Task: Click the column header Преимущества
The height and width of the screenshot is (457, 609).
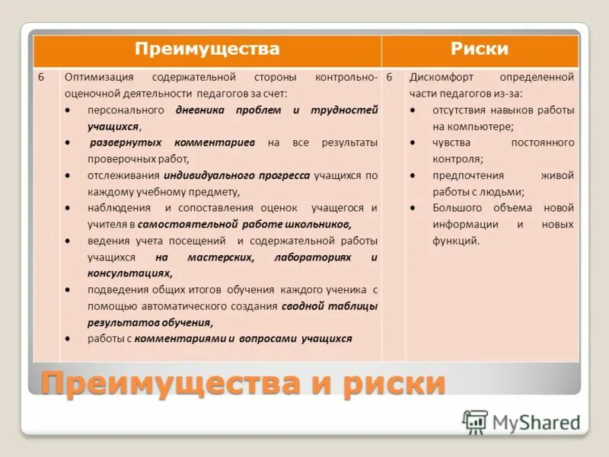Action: tap(207, 50)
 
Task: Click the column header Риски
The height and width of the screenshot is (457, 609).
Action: tap(480, 50)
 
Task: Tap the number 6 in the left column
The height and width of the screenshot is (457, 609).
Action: tap(42, 78)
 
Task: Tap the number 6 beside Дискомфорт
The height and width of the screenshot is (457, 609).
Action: tap(390, 78)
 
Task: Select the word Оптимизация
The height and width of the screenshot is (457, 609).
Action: tap(99, 78)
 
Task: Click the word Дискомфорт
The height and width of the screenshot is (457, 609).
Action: tap(440, 78)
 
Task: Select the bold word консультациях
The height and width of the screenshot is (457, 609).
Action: tap(129, 273)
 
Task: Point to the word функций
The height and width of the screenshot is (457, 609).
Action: tap(456, 241)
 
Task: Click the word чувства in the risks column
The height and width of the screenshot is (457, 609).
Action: tap(452, 142)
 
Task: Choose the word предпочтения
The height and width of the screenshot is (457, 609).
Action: tap(467, 175)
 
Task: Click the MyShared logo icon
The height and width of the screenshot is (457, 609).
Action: tap(475, 421)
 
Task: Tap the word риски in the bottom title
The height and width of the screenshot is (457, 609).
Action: tap(383, 383)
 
